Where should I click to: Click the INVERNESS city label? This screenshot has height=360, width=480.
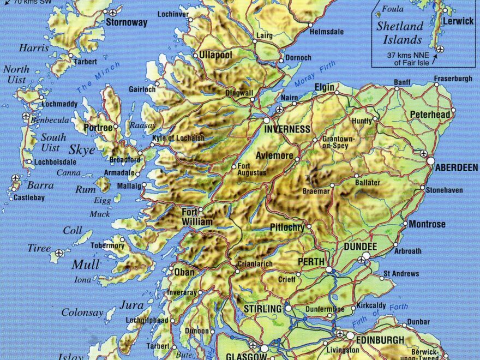point(287,129)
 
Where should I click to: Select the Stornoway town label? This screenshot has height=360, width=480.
point(127,23)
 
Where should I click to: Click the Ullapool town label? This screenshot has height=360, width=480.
point(215,56)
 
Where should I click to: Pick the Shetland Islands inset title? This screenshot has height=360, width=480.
point(399,33)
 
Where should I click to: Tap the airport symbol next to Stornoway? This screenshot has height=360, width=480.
point(113,13)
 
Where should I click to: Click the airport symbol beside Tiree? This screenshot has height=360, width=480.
point(59,253)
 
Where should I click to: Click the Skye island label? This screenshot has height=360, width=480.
point(82,150)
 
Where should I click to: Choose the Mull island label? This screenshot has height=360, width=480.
point(86,265)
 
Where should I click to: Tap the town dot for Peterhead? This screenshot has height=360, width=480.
point(453,110)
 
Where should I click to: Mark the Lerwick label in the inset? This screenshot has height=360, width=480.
point(458,21)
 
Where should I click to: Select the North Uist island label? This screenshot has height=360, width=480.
point(16,75)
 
